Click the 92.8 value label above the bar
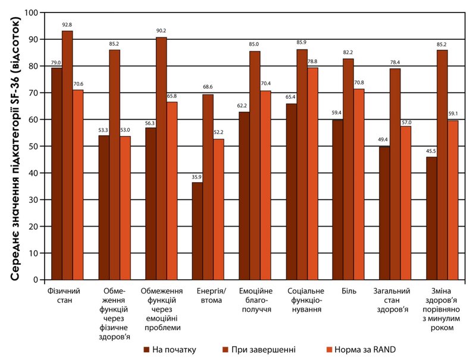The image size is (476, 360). (x=67, y=24)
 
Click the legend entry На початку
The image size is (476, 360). (x=173, y=349)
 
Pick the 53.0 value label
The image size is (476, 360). (x=126, y=131)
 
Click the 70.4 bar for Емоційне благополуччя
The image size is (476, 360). (x=265, y=185)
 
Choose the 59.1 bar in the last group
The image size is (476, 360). (x=453, y=200)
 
